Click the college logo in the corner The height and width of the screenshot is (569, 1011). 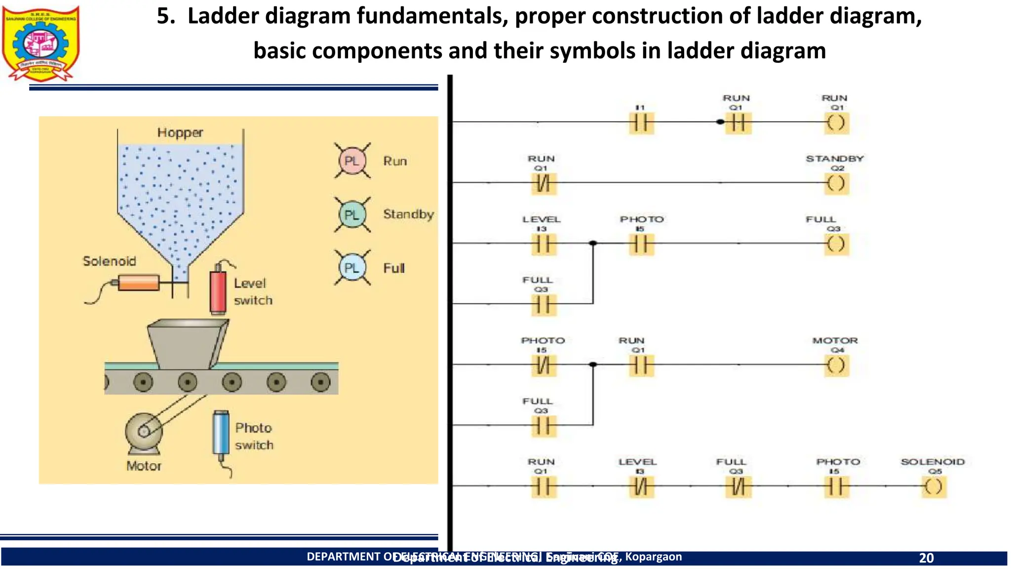40,43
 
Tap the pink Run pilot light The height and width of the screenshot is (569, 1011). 351,161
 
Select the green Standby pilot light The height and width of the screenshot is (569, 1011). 351,215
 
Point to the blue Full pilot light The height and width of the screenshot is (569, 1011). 351,268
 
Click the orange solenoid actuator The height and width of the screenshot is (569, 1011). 139,283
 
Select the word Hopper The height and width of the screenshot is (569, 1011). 180,133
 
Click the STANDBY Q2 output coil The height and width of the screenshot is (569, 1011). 836,184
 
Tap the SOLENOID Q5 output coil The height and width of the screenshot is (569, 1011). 933,487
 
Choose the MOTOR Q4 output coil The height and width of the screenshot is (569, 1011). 836,366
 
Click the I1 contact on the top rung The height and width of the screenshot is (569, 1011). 641,123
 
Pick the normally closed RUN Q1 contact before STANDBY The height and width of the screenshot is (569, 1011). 543,184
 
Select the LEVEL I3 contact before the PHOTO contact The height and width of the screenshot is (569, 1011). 543,244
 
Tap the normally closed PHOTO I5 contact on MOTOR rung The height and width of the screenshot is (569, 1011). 543,366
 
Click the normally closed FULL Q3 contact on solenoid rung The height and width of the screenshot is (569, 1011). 738,487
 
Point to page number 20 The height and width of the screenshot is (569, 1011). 926,558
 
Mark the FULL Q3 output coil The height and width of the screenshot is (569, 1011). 836,244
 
